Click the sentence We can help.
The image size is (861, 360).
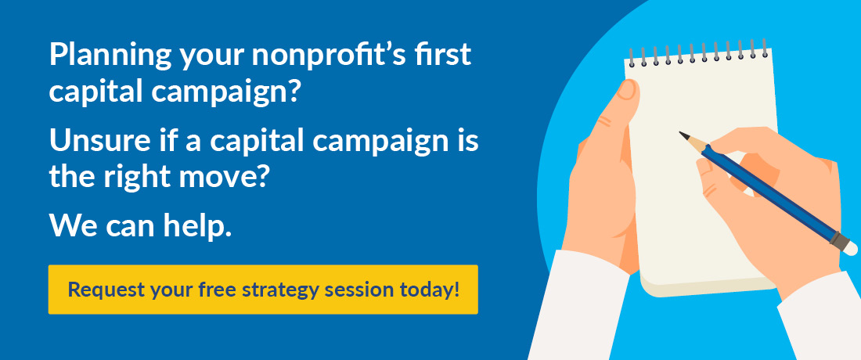pos(140,226)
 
